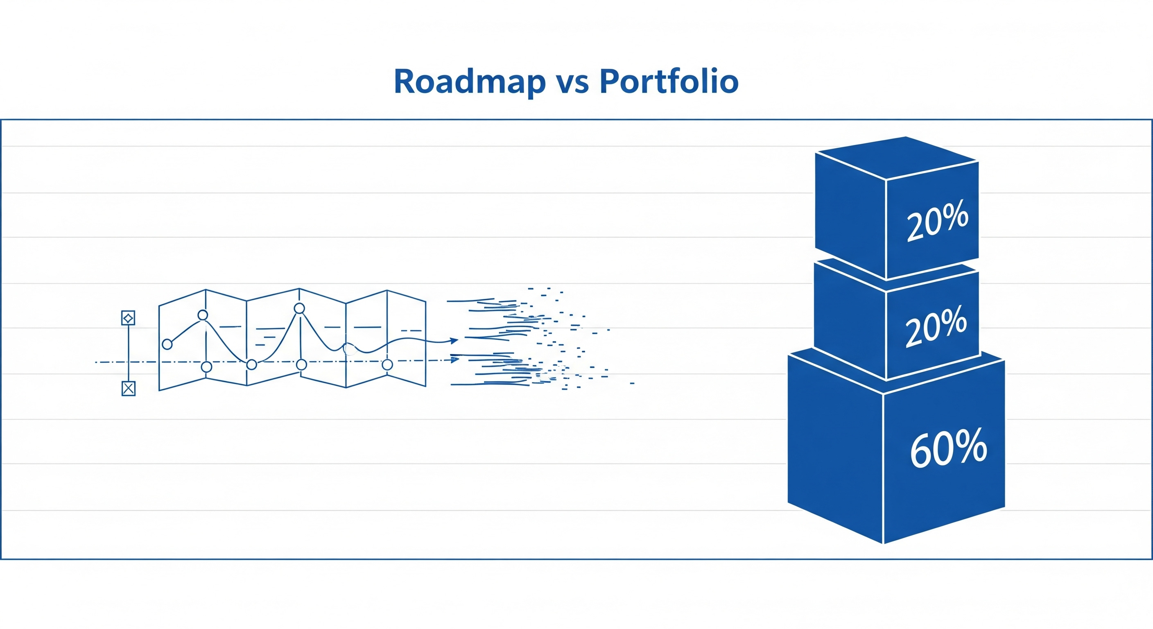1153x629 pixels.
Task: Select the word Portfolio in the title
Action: [669, 82]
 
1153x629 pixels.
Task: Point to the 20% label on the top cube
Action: [937, 221]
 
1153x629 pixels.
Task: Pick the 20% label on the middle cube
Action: [936, 326]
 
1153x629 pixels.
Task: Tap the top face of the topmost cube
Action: [896, 157]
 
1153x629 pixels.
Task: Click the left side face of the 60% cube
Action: [835, 448]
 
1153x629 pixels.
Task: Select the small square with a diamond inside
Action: [128, 318]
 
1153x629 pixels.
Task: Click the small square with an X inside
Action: [129, 389]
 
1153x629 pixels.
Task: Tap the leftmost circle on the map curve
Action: [167, 344]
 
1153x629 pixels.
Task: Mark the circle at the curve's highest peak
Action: [299, 308]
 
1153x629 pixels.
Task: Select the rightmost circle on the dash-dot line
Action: [387, 364]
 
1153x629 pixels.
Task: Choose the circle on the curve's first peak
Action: [203, 315]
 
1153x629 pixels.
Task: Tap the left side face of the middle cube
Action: [850, 320]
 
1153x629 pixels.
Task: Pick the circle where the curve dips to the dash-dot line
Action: [252, 364]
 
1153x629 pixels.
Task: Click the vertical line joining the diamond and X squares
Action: [129, 354]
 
